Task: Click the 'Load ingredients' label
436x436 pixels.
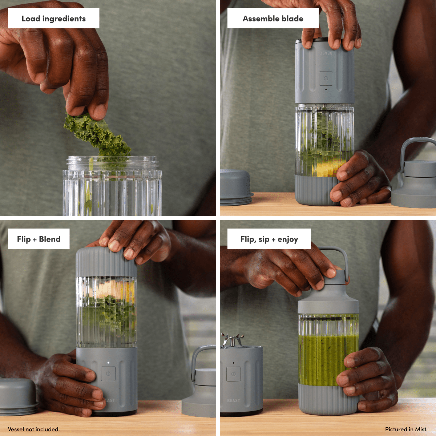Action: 54,18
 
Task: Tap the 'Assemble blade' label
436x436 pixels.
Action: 273,18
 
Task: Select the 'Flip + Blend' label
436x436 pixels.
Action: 39,239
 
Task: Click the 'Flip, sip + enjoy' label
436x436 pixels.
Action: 269,239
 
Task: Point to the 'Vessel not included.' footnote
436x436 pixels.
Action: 34,429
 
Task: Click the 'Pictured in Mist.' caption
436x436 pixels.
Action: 406,429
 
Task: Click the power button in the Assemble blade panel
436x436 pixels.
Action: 326,78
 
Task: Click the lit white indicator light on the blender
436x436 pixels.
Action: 108,363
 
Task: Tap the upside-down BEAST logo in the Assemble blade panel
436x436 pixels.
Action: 326,53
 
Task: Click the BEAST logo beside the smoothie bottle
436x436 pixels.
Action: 234,400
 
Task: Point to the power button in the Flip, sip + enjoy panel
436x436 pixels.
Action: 234,374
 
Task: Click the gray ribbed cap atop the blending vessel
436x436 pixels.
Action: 106,262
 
